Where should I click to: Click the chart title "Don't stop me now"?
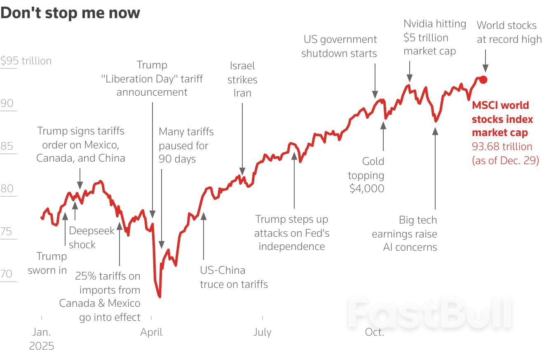click(x=70, y=13)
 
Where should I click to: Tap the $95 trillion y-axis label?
click(x=26, y=61)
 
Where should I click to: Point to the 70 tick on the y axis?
click(x=7, y=274)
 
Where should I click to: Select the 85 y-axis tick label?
click(x=7, y=146)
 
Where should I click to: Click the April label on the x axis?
click(x=151, y=332)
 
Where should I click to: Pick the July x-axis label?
click(x=262, y=332)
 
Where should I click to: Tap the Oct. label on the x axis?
click(x=374, y=332)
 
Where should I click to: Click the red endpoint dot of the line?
click(x=483, y=80)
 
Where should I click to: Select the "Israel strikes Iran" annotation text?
click(x=242, y=80)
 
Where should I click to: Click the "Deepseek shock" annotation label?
click(x=91, y=238)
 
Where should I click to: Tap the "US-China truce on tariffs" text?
click(x=234, y=277)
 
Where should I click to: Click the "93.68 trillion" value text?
click(x=502, y=146)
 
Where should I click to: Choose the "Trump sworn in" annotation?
click(x=47, y=263)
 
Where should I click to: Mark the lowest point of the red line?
click(x=159, y=296)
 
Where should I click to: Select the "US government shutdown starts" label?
click(x=339, y=47)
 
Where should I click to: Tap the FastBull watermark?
click(x=430, y=313)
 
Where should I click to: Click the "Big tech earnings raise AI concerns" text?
click(x=404, y=233)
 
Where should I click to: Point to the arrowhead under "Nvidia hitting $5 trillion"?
click(x=409, y=78)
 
